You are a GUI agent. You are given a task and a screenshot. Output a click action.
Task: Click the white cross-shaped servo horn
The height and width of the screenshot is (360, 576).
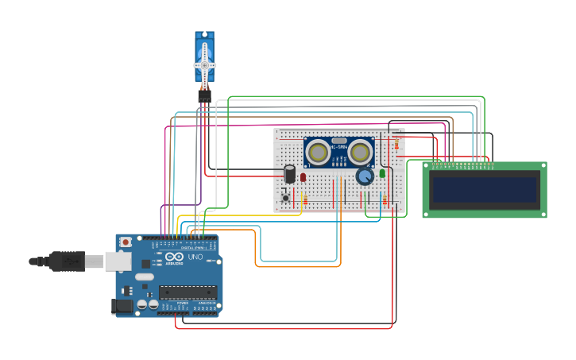tap(204, 64)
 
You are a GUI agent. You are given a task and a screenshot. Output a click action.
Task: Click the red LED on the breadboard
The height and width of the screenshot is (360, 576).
tap(303, 177)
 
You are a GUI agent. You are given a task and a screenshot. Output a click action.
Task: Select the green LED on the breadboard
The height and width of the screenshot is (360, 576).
tap(382, 172)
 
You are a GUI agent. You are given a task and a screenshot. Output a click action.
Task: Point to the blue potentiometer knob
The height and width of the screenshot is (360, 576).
tap(365, 176)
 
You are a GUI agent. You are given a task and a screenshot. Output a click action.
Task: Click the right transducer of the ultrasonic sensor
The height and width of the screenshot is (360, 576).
tap(360, 151)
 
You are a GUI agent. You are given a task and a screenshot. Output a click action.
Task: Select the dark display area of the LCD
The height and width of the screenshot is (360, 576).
tap(484, 190)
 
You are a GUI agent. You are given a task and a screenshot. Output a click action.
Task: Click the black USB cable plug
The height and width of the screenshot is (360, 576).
tap(68, 261)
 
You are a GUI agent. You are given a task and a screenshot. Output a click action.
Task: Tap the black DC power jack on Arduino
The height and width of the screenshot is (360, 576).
tap(122, 305)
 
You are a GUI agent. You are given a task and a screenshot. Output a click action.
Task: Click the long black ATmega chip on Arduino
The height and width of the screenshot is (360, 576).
tap(187, 292)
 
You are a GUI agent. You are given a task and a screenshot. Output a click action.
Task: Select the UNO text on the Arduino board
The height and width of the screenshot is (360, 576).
tap(195, 257)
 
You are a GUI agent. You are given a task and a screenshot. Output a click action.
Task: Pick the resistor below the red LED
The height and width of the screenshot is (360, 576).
tap(305, 199)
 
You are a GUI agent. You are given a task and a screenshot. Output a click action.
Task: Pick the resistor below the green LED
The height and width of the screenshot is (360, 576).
tap(385, 199)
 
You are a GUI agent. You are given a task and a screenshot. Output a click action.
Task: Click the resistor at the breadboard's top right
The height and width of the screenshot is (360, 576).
tap(396, 145)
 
